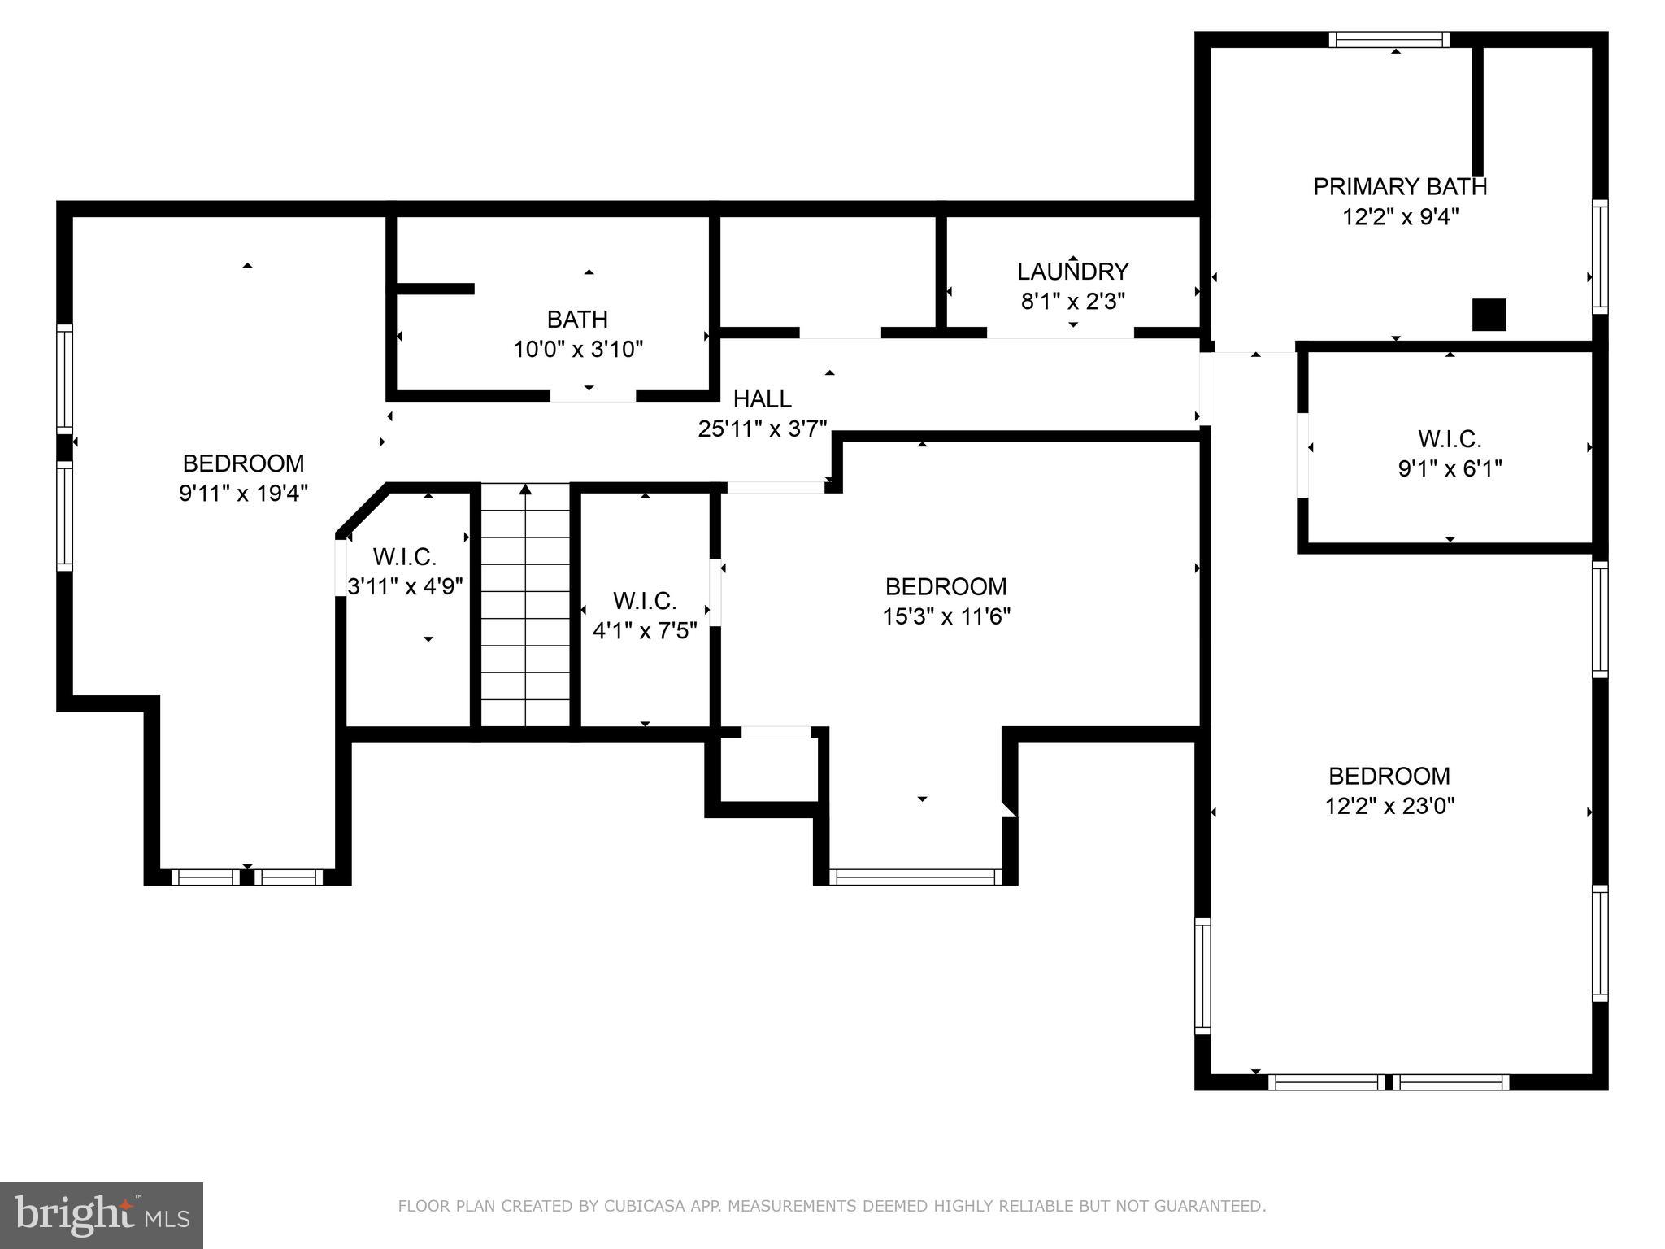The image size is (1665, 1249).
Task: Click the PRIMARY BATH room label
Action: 1399,186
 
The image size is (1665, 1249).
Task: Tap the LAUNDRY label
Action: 1072,271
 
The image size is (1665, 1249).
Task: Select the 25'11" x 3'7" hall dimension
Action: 762,429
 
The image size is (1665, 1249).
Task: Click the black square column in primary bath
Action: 1489,315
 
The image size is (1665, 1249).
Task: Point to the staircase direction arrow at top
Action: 525,490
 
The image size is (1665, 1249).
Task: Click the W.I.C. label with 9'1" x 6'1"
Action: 1450,439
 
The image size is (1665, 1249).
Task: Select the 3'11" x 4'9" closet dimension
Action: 405,586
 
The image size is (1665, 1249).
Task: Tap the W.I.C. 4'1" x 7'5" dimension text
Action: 645,630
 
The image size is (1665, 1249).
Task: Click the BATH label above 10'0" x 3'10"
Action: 577,319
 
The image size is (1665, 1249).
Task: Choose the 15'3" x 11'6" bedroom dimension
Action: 946,616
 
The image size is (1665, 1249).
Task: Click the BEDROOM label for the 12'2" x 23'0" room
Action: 1389,776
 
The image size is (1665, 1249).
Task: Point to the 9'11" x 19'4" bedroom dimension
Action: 243,493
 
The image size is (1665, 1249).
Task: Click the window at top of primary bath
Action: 1389,39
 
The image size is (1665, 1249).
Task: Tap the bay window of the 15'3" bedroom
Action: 915,877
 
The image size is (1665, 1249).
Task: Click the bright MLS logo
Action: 102,1216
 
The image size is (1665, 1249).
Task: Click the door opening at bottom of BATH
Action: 593,396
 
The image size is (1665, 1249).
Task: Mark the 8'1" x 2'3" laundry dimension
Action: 1072,302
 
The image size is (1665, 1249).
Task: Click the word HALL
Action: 762,398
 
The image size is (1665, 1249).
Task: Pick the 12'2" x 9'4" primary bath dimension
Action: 1399,217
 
